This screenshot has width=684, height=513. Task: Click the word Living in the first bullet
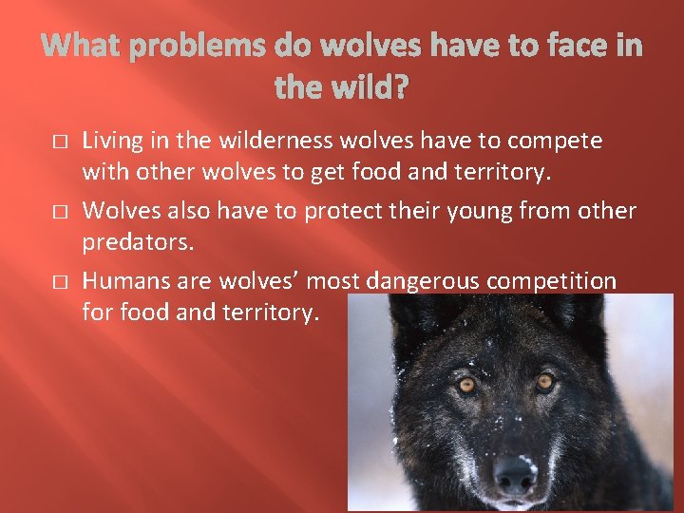112,142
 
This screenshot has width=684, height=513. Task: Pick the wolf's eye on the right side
544,382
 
